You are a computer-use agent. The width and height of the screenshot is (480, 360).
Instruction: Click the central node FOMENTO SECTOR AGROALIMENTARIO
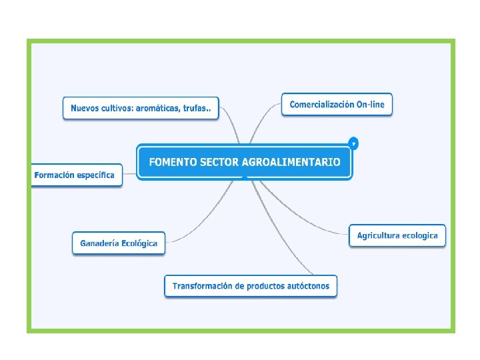point(244,162)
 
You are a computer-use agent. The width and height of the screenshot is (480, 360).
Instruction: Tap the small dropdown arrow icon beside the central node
point(353,143)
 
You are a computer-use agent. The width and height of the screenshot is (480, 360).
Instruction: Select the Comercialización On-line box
point(337,105)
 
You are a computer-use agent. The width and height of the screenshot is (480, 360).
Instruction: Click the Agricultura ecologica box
point(397,235)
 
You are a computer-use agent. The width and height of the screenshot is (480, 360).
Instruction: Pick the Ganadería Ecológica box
point(119,243)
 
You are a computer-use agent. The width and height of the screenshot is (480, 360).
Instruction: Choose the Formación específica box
point(75,175)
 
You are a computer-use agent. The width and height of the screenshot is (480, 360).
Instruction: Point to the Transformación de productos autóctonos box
point(251,286)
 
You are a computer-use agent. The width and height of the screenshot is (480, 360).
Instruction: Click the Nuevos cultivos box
point(141,108)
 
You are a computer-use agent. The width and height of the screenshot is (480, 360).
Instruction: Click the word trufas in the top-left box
point(197,108)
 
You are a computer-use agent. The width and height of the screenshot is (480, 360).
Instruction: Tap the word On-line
point(371,105)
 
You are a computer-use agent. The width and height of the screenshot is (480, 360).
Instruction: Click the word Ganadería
point(99,243)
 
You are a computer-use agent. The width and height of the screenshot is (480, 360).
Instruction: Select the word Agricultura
point(379,235)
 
